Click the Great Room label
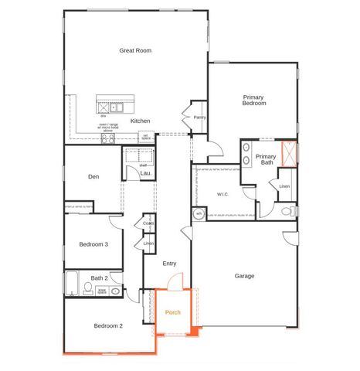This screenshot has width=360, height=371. click(x=135, y=51)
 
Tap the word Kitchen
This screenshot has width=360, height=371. click(x=140, y=121)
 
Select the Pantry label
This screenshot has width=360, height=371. click(x=199, y=117)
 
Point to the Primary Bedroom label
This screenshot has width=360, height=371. click(x=254, y=100)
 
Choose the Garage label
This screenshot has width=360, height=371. click(x=244, y=276)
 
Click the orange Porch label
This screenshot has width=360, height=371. click(x=173, y=313)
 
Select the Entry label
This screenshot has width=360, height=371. click(x=170, y=264)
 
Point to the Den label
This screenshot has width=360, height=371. click(x=93, y=177)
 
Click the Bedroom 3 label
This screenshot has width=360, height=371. click(x=93, y=244)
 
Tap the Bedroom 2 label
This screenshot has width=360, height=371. click(x=108, y=326)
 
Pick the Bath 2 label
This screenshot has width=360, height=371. click(x=99, y=278)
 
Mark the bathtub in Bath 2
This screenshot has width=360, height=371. click(x=71, y=283)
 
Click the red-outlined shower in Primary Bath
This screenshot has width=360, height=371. click(x=289, y=154)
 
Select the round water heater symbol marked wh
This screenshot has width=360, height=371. click(x=198, y=214)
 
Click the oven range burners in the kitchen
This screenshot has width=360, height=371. click(x=107, y=138)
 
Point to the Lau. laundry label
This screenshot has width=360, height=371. click(x=144, y=175)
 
